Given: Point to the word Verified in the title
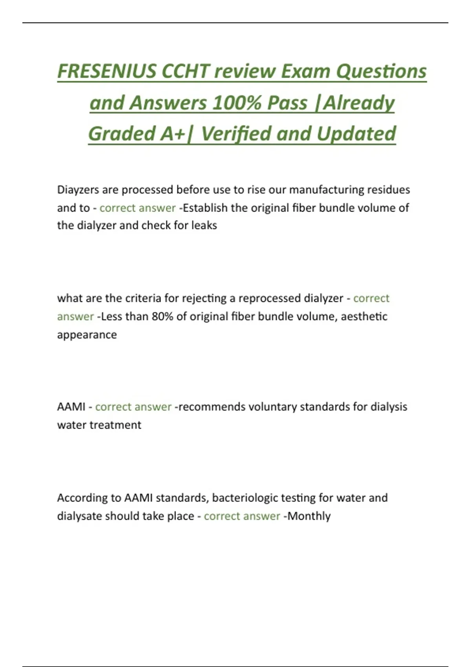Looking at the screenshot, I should tap(236, 134).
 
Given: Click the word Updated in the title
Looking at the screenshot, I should tap(356, 134).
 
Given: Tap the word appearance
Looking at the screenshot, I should tap(87, 335).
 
